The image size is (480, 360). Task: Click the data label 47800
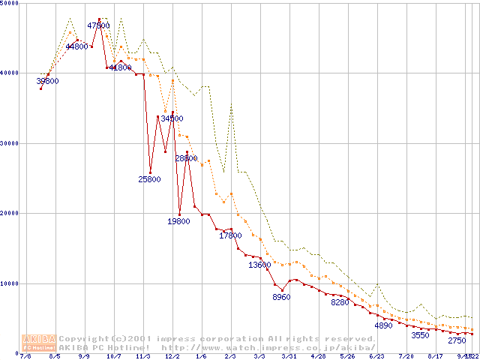tap(99, 25)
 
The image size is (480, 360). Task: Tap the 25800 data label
tap(149, 179)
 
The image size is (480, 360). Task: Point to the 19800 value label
tap(178, 221)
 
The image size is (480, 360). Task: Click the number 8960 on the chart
tap(281, 298)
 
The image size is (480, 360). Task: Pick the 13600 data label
tap(259, 265)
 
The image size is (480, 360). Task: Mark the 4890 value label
tap(383, 325)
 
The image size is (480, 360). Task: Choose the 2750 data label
tap(457, 340)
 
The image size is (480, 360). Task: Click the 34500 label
tap(172, 118)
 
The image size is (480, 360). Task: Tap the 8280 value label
tap(340, 302)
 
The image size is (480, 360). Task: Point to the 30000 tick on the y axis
tap(10, 142)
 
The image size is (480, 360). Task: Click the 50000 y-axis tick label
tap(10, 4)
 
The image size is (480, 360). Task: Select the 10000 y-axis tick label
tap(10, 283)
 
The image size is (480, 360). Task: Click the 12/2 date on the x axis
tap(172, 357)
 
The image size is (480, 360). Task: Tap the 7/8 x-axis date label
tap(26, 357)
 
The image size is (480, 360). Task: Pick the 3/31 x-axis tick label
tap(288, 357)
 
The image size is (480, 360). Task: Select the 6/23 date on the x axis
tap(376, 357)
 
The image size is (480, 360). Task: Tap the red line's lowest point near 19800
tap(179, 214)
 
